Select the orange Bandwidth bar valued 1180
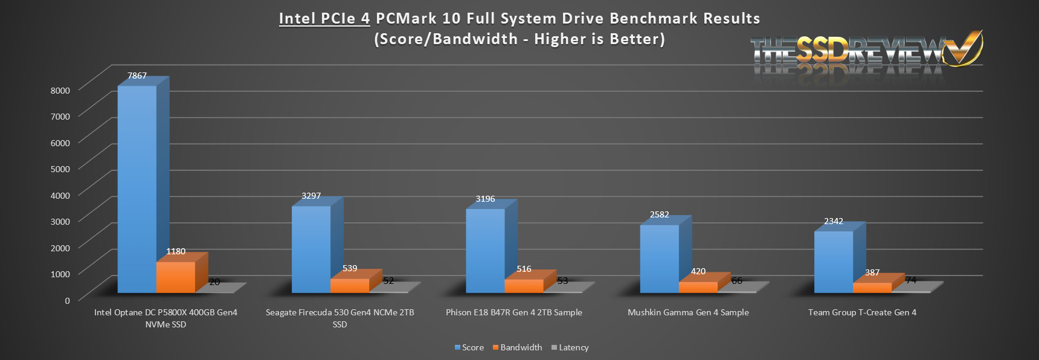[176, 277]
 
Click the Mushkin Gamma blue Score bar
[659, 259]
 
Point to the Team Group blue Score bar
[833, 262]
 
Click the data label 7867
[137, 76]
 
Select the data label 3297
[311, 196]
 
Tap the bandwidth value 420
[698, 271]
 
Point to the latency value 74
[911, 280]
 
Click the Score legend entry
[469, 347]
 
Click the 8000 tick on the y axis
[60, 90]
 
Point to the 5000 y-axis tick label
[60, 169]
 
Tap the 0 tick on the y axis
[67, 300]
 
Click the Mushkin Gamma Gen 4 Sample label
[688, 312]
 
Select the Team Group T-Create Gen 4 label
[862, 312]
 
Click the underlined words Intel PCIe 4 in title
[324, 19]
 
